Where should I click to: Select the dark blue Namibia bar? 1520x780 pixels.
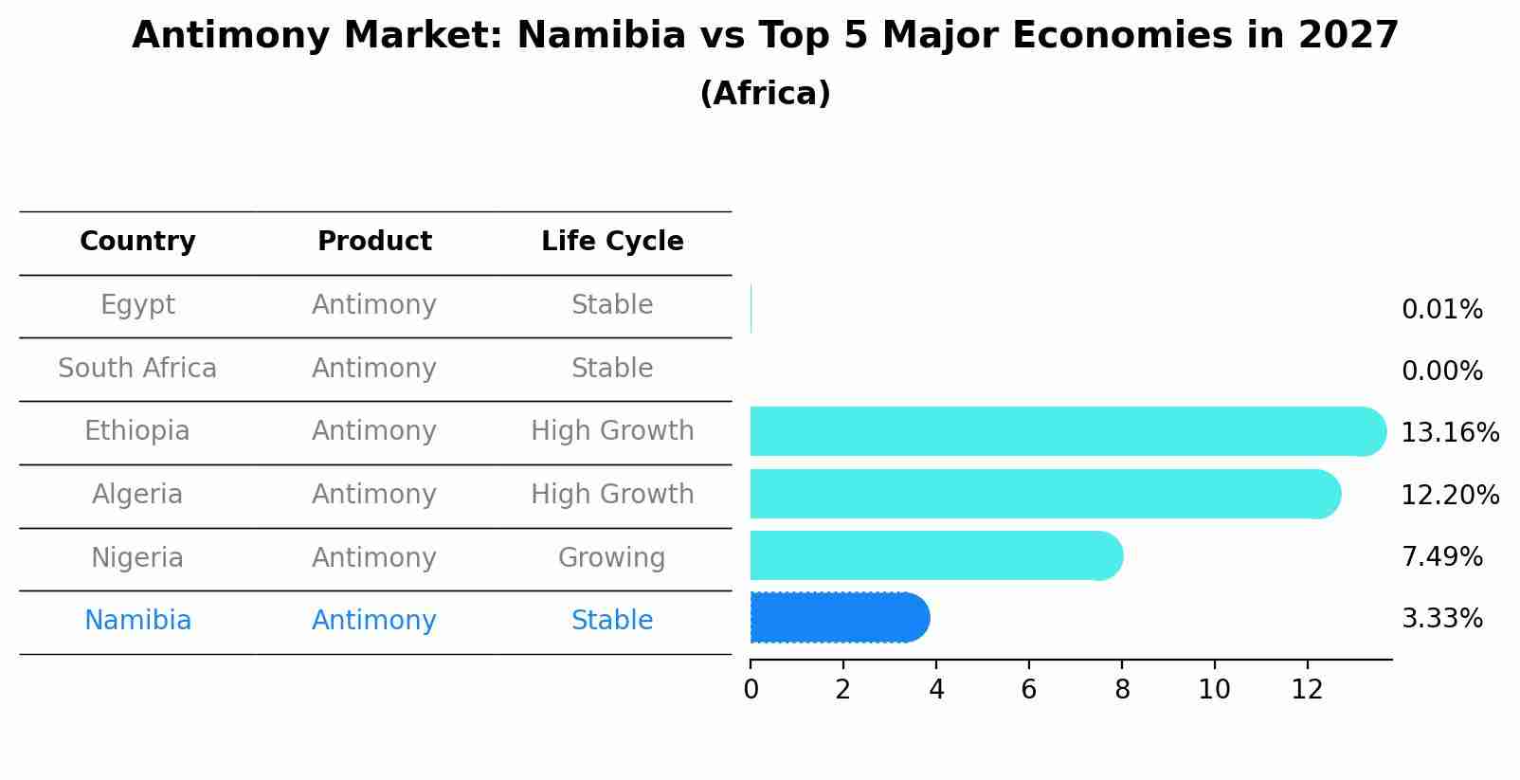click(x=839, y=618)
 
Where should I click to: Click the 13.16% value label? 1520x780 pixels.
click(x=1449, y=433)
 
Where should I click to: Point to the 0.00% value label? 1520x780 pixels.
click(x=1441, y=372)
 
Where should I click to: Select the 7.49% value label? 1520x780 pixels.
click(x=1441, y=557)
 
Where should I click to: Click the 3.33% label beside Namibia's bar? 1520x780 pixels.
click(x=1441, y=619)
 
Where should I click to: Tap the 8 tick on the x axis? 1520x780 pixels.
click(x=1122, y=690)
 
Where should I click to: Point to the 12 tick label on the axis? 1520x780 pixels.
click(x=1307, y=690)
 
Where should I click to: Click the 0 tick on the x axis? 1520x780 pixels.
click(x=751, y=690)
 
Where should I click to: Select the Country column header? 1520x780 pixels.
click(x=137, y=242)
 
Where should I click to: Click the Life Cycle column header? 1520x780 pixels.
click(x=612, y=242)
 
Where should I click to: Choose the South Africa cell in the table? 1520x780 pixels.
click(x=137, y=369)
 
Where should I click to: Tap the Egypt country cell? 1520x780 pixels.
click(x=137, y=305)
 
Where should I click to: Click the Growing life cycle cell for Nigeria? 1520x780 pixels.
click(x=612, y=558)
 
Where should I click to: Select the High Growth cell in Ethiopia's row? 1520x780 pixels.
click(x=612, y=431)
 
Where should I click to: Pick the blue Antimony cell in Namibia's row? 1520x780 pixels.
click(x=374, y=621)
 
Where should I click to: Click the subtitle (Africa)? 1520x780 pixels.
click(x=765, y=94)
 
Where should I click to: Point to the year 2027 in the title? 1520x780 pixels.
click(x=1348, y=36)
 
